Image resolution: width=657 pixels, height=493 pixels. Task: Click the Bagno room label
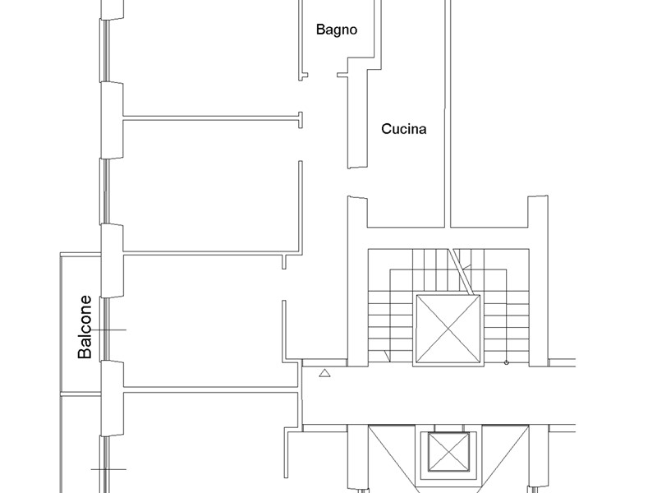337,30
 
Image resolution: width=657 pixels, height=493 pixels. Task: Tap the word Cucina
403,129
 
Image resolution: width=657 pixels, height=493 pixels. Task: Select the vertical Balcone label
85,327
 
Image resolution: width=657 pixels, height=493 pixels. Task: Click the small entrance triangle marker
324,373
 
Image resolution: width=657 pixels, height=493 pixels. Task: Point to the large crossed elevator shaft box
448,329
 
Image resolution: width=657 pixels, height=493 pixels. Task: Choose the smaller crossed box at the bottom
448,451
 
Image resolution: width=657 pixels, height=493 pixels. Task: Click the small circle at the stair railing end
506,362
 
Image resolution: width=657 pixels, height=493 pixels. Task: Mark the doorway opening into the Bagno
323,76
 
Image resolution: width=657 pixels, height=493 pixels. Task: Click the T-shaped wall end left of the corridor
301,120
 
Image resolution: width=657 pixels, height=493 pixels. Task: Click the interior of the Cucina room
406,176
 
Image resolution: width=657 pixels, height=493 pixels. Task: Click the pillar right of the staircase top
538,280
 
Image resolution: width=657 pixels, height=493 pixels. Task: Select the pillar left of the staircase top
357,280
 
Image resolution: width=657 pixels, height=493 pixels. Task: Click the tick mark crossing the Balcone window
108,330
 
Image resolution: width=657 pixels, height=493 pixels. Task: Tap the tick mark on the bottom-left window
108,469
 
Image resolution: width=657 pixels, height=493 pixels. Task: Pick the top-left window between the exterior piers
105,49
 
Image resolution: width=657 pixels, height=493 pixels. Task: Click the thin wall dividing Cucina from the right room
448,113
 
